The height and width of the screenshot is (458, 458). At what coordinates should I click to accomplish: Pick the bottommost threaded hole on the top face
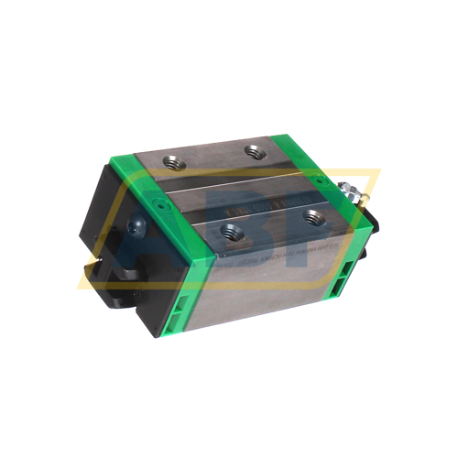(x=224, y=234)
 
